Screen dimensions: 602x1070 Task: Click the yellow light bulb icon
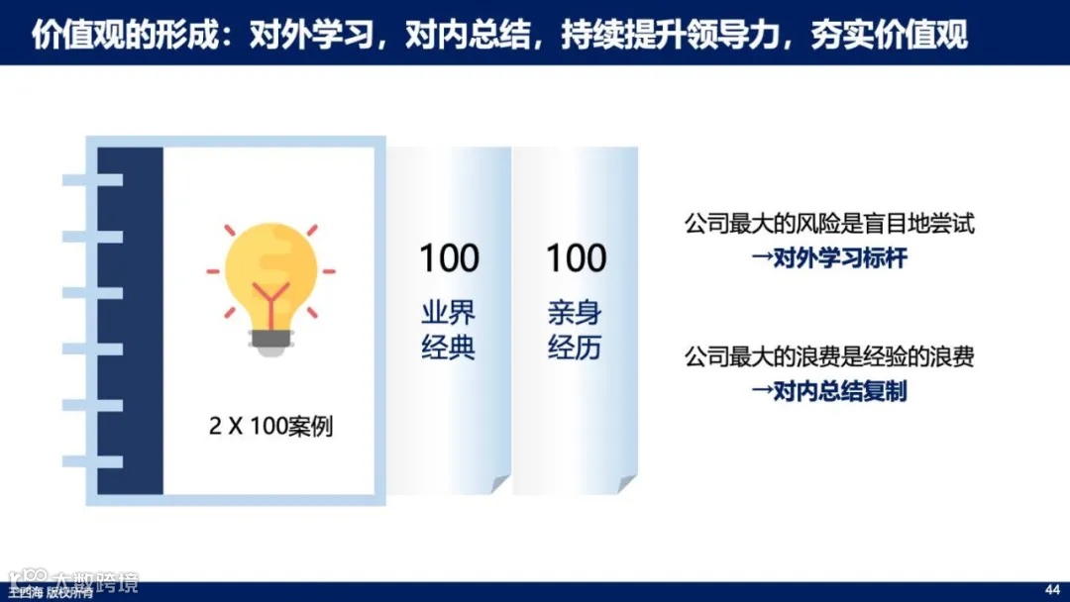(270, 272)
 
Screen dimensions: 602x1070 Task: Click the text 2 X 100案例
(270, 427)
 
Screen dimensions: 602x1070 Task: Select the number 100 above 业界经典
(449, 259)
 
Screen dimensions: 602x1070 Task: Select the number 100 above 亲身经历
(576, 259)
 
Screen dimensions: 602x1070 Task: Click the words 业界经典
(449, 331)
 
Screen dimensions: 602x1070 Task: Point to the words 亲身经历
(576, 331)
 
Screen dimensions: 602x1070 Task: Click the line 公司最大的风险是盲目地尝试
(829, 224)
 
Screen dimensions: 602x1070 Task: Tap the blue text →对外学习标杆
(829, 260)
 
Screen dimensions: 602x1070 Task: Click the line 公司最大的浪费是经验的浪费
(829, 356)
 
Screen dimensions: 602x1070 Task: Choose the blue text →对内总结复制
(829, 392)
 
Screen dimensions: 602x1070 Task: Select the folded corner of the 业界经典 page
(499, 483)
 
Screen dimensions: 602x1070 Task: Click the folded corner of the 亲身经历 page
(626, 483)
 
